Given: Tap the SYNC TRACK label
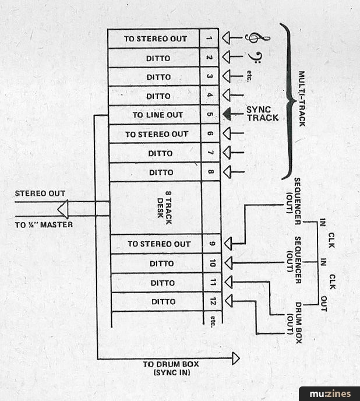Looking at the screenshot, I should coord(262,114).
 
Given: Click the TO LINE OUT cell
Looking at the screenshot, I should coord(154,115).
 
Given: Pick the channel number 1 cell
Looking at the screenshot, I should coord(210,38).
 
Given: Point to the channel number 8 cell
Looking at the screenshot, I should coord(210,172).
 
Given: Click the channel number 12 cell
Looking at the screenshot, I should coord(211,301).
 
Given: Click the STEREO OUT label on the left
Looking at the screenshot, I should coord(40,193).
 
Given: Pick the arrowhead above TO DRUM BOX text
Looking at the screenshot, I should coord(235,358).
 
